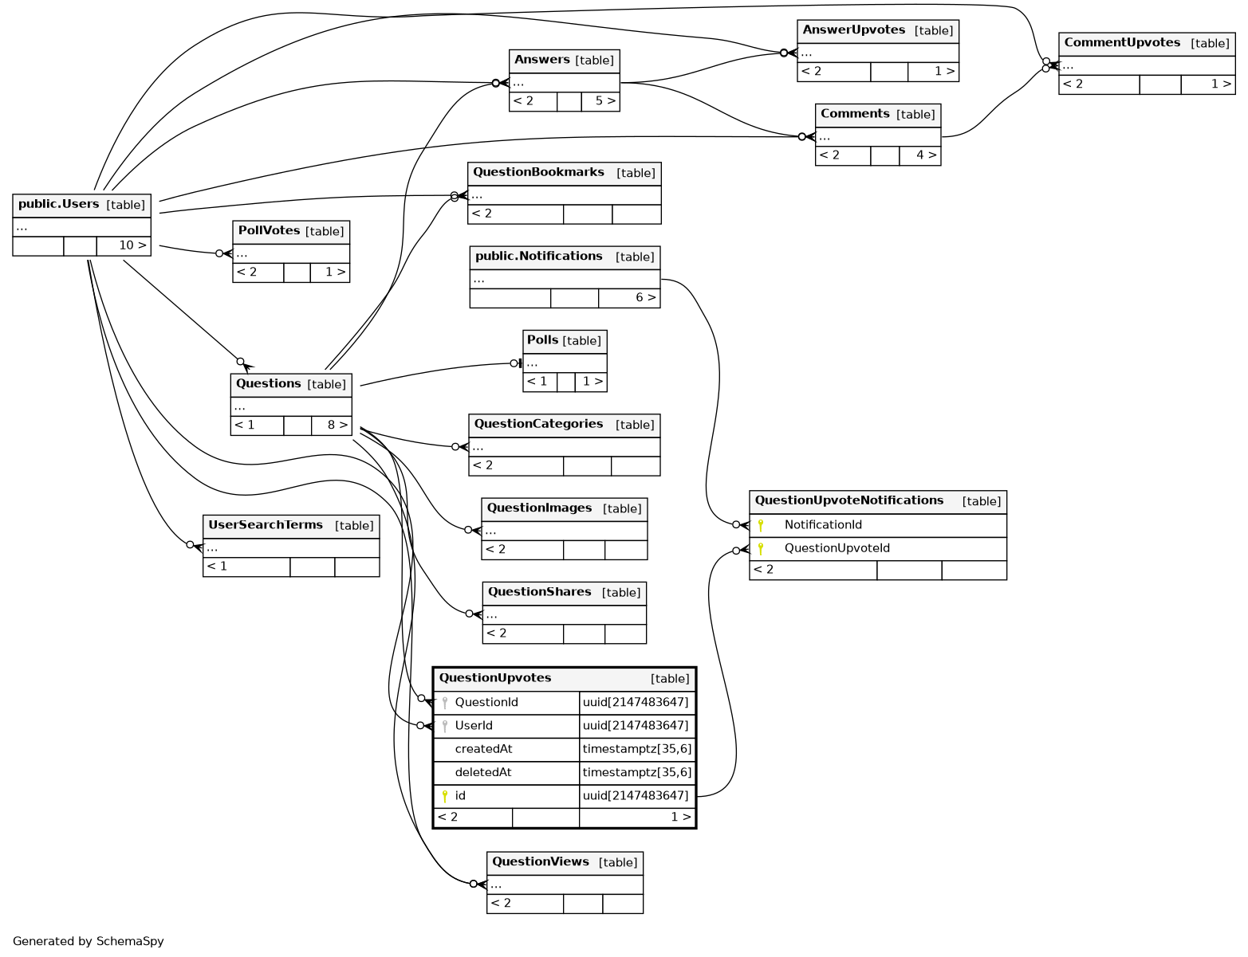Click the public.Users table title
pyautogui.click(x=59, y=204)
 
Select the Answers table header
pyautogui.click(x=542, y=60)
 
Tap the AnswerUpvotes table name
pyautogui.click(x=854, y=30)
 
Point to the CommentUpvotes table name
pyautogui.click(x=1122, y=43)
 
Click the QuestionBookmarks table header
pyautogui.click(x=538, y=172)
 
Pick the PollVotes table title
pyautogui.click(x=269, y=231)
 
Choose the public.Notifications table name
pyautogui.click(x=539, y=257)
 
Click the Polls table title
pyautogui.click(x=543, y=340)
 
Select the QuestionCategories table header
pyautogui.click(x=538, y=424)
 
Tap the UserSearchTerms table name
pyautogui.click(x=266, y=525)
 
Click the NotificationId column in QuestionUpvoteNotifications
pyautogui.click(x=823, y=525)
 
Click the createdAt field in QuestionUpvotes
pyautogui.click(x=483, y=749)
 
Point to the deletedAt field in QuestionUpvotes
pyautogui.click(x=483, y=772)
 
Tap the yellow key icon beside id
pyautogui.click(x=445, y=795)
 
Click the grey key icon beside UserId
pyautogui.click(x=445, y=726)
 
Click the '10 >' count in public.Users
pyautogui.click(x=132, y=245)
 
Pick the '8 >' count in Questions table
pyautogui.click(x=337, y=426)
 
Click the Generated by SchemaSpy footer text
pyautogui.click(x=89, y=941)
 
